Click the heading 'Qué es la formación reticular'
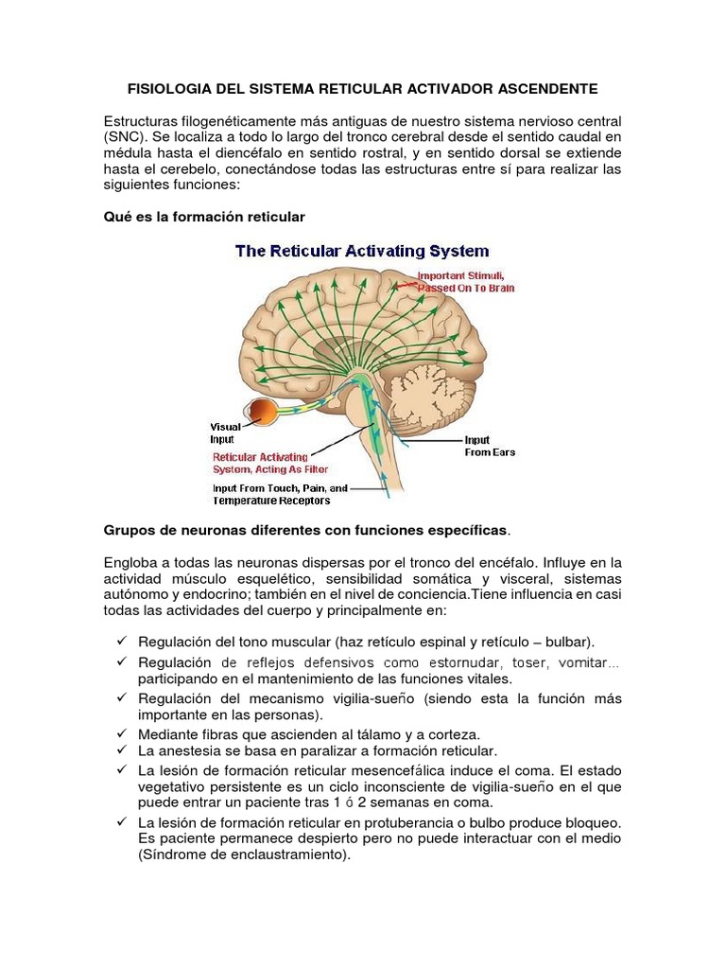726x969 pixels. [203, 217]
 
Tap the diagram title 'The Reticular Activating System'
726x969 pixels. [362, 251]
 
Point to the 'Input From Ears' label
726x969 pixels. [489, 447]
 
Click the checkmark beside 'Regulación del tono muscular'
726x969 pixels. [122, 641]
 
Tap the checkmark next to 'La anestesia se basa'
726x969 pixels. [122, 749]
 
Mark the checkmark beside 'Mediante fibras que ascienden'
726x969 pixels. [122, 733]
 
